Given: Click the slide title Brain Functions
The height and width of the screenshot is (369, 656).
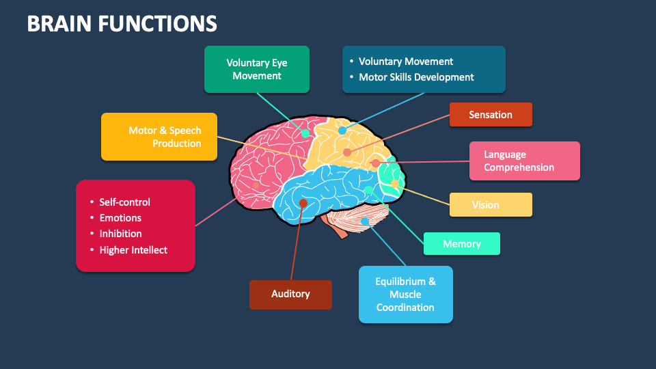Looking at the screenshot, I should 122,24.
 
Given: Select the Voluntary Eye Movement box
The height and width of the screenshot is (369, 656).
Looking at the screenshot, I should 257,69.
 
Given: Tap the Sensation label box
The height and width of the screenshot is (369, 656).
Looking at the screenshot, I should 491,115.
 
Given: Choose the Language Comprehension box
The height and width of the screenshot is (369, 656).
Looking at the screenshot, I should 525,161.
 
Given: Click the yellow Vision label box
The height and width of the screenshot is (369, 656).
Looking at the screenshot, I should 491,205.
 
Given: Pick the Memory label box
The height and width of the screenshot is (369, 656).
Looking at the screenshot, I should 462,244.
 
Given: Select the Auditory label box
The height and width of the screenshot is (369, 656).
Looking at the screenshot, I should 290,295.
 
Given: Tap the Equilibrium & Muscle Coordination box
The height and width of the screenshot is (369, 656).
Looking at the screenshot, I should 405,295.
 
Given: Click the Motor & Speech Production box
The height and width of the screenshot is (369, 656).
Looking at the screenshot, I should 159,137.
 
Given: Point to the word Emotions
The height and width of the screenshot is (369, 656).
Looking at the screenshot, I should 120,218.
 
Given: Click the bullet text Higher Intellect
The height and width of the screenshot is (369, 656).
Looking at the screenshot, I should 133,250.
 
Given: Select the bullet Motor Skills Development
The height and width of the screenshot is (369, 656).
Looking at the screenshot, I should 416,77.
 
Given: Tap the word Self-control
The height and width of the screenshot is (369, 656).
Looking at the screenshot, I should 124,202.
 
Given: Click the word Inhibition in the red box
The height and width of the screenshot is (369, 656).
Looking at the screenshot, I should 120,234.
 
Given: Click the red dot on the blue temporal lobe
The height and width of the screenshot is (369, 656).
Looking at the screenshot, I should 303,203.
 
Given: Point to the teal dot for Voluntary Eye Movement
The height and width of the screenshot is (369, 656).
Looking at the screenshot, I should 305,133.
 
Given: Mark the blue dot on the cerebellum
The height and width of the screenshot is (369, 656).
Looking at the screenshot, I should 365,221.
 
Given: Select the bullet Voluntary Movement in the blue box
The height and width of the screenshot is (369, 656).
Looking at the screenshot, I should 406,61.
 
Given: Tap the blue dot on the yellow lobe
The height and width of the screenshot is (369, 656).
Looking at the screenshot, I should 342,130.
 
